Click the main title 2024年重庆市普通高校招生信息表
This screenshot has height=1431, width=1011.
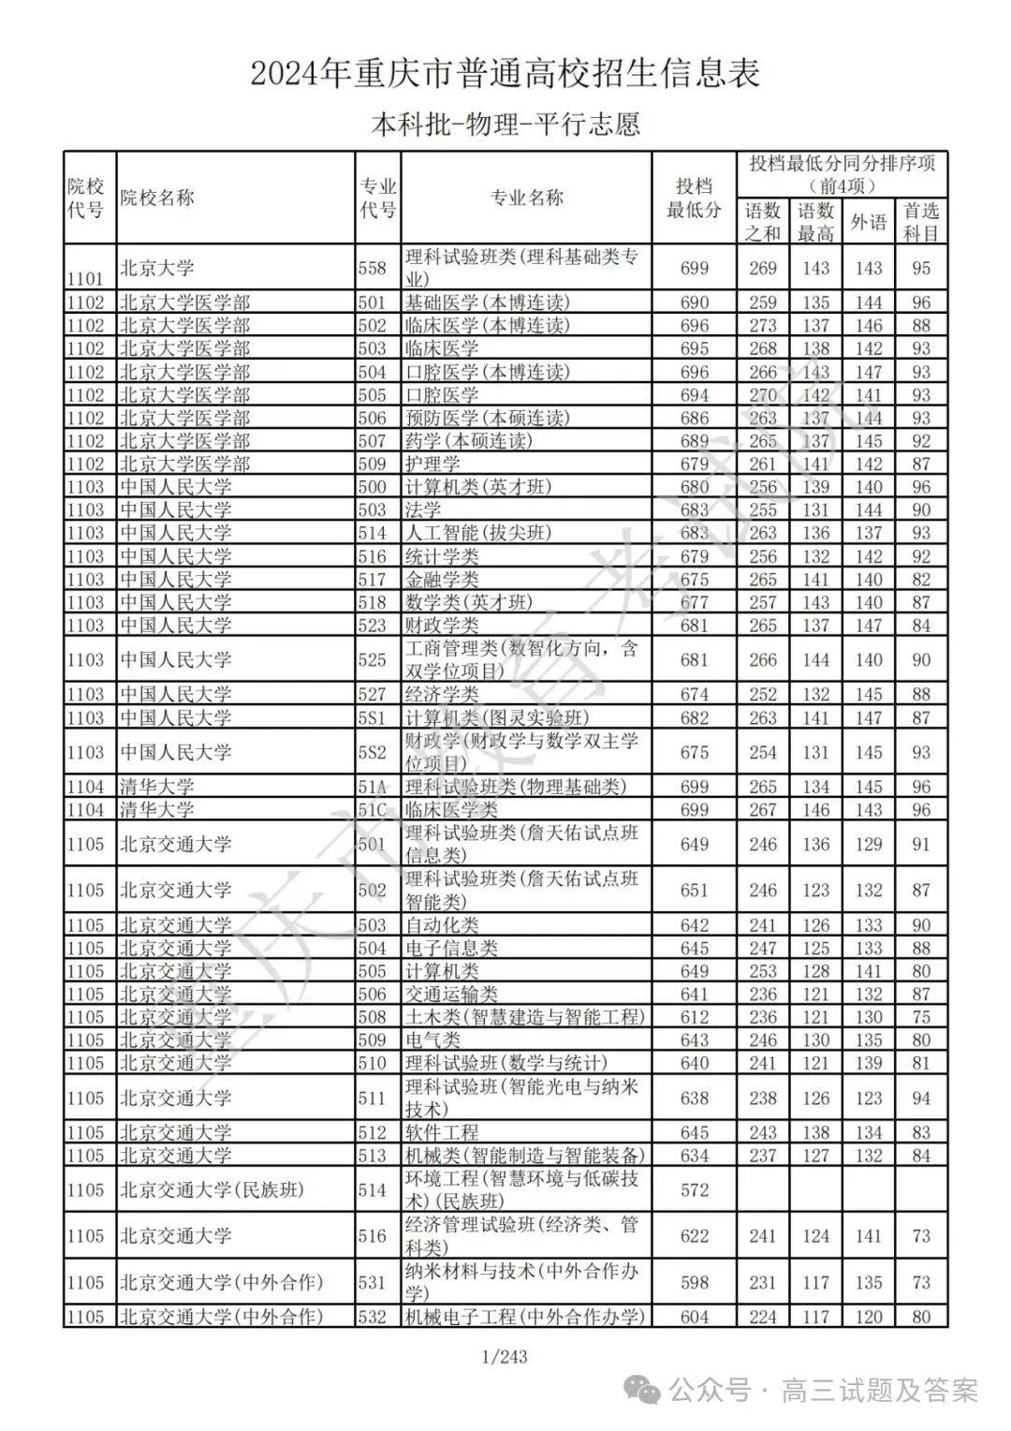[505, 73]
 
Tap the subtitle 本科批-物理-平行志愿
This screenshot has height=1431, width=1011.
[505, 125]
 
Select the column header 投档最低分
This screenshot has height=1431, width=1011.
[694, 199]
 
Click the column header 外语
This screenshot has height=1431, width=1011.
[868, 222]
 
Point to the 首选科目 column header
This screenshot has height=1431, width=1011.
[920, 222]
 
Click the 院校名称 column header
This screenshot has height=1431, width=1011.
[157, 199]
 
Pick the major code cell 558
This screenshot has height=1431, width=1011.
[372, 269]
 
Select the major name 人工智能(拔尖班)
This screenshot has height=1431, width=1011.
[478, 533]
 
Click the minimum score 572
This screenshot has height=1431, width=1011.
[694, 1190]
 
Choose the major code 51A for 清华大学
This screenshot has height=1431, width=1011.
[372, 787]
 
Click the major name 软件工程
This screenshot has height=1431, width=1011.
[442, 1132]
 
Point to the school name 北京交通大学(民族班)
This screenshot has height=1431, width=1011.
[212, 1190]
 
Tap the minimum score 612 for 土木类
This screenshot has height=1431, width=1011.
[694, 1017]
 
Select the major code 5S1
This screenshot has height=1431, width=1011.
[372, 717]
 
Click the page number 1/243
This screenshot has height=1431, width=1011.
[505, 1356]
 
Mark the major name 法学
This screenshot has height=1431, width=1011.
[423, 509]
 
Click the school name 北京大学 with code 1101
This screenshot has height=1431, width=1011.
[157, 269]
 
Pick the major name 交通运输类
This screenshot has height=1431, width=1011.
[451, 995]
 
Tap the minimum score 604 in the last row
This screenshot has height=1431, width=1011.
[694, 1317]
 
